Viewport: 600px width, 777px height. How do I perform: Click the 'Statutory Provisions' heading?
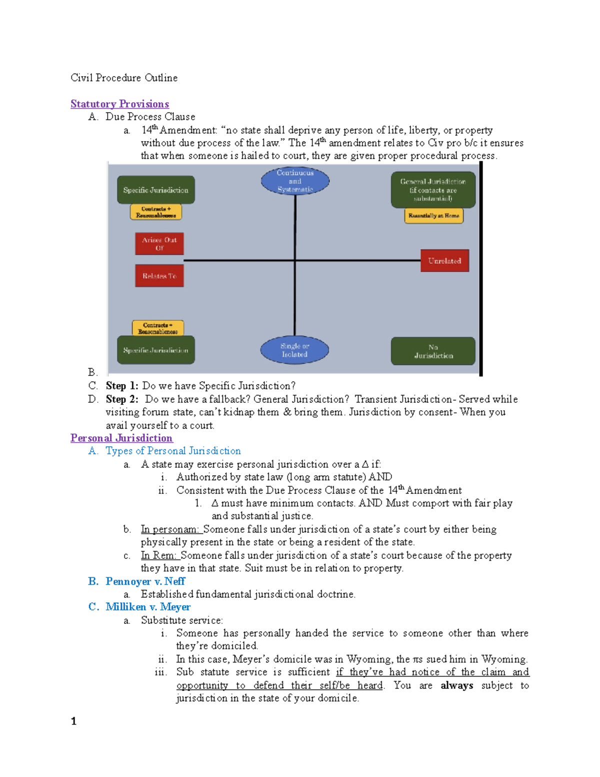[x=119, y=104]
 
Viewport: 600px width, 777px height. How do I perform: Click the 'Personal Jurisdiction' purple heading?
[x=121, y=438]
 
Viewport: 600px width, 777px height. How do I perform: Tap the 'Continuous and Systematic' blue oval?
[x=295, y=181]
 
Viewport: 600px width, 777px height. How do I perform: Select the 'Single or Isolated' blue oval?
[x=294, y=350]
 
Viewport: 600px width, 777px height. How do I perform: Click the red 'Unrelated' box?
[x=444, y=261]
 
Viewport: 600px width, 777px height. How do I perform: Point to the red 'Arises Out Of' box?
[x=159, y=244]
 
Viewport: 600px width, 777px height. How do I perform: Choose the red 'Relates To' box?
[x=159, y=276]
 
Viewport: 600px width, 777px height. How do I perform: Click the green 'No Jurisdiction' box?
[x=433, y=351]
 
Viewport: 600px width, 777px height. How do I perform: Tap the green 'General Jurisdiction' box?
[x=433, y=190]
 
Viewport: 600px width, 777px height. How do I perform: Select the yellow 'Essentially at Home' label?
[x=433, y=216]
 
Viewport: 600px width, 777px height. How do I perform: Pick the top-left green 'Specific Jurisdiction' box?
[x=156, y=190]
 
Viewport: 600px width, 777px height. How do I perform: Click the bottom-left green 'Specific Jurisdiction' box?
[x=156, y=350]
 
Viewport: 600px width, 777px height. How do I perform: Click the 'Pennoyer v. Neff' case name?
[x=145, y=581]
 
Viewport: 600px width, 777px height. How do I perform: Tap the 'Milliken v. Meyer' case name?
[x=148, y=607]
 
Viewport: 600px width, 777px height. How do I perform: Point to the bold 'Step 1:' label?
[x=122, y=386]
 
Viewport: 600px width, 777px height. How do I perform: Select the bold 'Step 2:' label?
[x=122, y=399]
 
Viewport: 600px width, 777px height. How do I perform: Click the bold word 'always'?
[x=456, y=685]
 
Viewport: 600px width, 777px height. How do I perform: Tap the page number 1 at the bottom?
[x=74, y=721]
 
